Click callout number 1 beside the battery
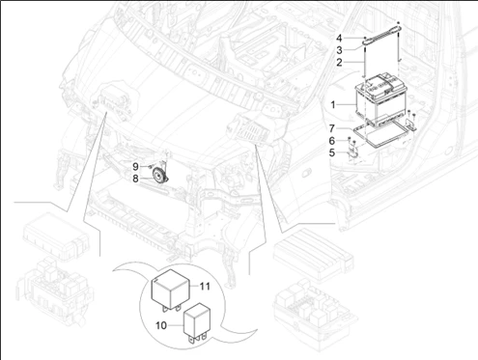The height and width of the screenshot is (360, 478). (334, 102)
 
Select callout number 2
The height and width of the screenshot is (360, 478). (338, 62)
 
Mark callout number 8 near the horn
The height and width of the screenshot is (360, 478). (136, 179)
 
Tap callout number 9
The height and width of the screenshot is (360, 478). (136, 166)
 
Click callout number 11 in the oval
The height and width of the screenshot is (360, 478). (205, 286)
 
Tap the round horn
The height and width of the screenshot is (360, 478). (155, 176)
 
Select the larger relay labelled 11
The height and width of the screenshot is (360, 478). (174, 288)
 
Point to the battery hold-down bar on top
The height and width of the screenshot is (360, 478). (383, 37)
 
